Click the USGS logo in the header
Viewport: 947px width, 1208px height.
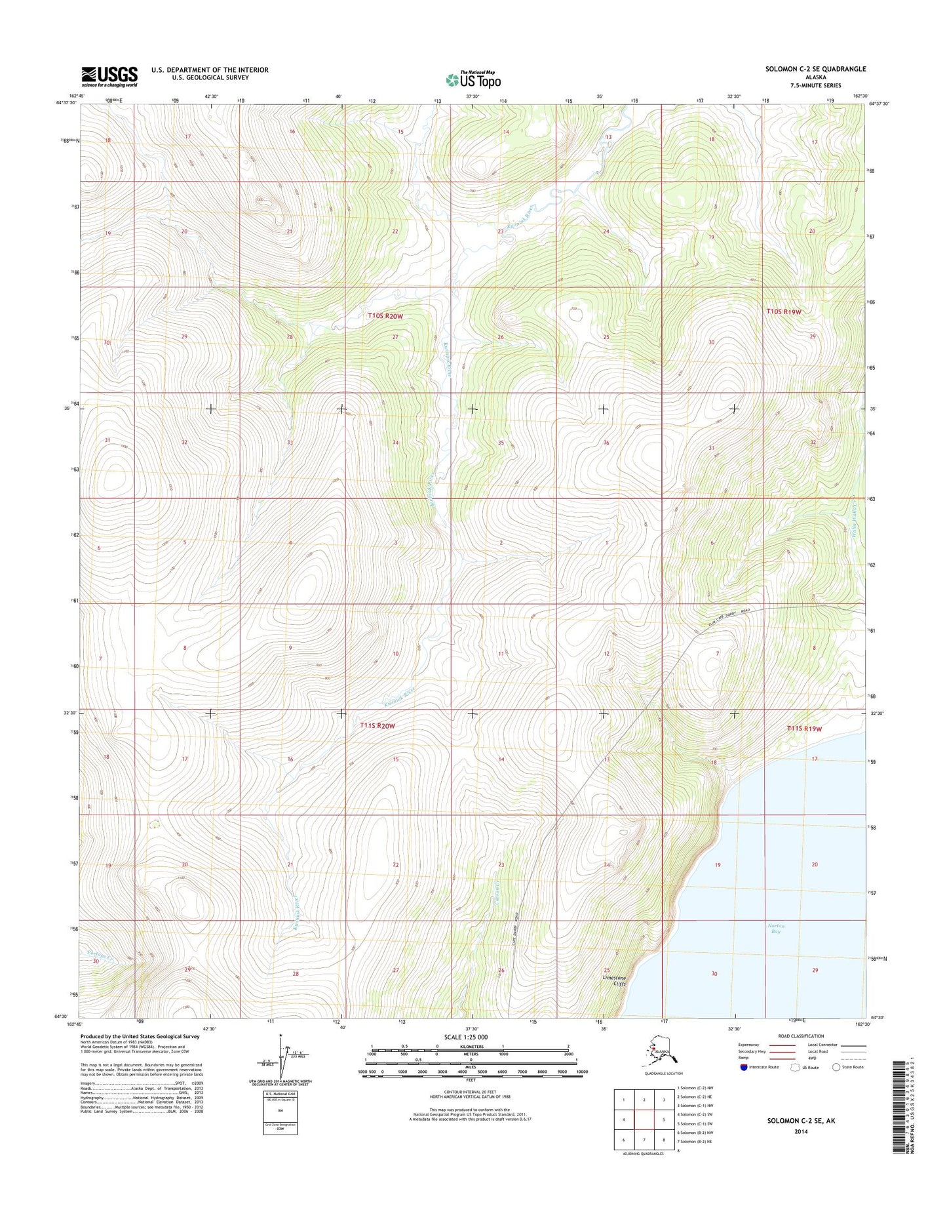109,76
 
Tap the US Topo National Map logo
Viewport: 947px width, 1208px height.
473,79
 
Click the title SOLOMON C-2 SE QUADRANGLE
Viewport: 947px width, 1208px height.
814,69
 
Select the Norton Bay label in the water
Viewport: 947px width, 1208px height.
775,929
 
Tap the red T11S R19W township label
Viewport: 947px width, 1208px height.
804,728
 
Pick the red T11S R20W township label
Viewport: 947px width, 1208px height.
377,725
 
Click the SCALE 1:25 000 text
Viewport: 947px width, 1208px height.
472,1037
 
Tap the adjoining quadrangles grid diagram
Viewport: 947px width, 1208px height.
644,1118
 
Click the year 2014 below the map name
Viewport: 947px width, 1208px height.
791,1131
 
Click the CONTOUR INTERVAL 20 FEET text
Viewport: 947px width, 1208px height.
473,1091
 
